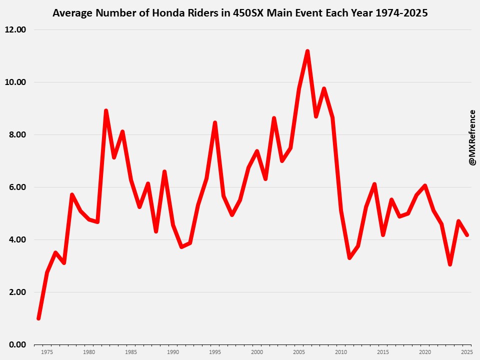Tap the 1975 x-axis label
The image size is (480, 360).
click(x=47, y=352)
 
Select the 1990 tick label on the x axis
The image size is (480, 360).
click(x=173, y=352)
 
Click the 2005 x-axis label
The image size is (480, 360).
click(x=299, y=352)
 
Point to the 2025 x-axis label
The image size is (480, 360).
click(x=467, y=352)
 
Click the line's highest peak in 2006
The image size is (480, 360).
click(x=307, y=51)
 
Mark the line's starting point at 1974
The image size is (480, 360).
click(x=38, y=318)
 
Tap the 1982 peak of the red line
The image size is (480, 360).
click(x=106, y=110)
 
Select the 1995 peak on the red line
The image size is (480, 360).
click(x=215, y=122)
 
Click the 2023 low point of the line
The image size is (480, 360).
click(x=450, y=264)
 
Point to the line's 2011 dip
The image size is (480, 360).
click(x=349, y=258)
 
